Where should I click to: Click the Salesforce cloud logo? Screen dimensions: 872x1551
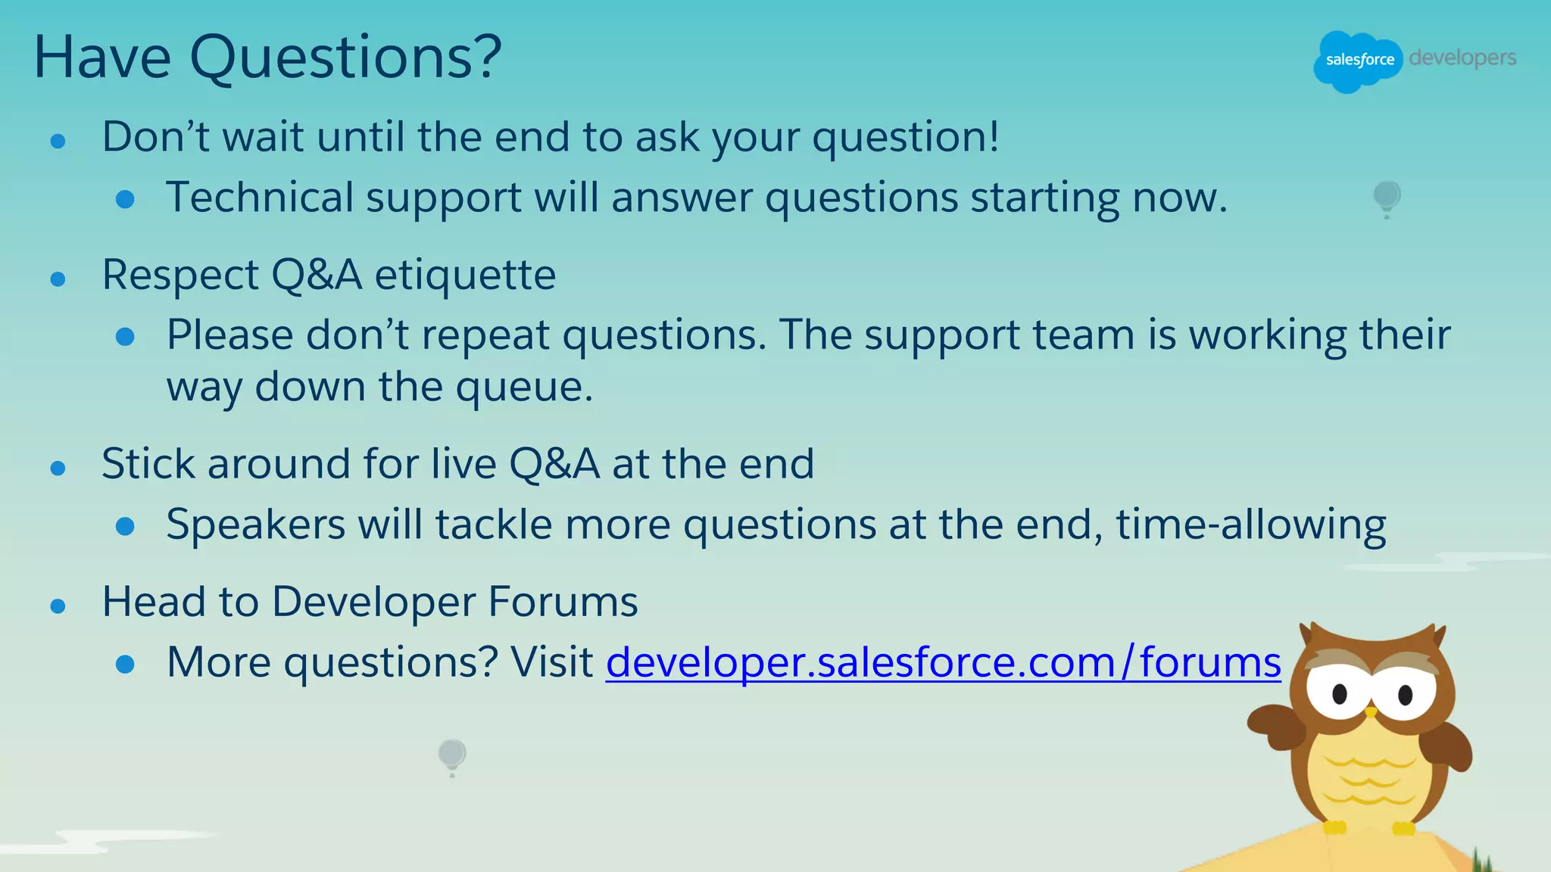click(1359, 61)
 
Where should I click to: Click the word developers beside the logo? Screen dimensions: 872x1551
click(1462, 58)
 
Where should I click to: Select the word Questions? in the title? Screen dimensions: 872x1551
click(345, 58)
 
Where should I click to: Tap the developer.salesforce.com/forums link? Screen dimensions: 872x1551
click(943, 662)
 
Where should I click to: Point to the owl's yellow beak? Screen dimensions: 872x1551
click(1370, 712)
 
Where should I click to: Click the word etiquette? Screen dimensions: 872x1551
click(465, 275)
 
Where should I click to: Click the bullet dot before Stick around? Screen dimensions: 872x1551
click(58, 469)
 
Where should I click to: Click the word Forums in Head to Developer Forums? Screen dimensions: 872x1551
click(562, 602)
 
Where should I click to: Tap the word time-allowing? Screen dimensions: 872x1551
click(1250, 525)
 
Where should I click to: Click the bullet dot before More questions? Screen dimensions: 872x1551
click(125, 665)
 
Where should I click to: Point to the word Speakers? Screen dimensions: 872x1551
click(255, 525)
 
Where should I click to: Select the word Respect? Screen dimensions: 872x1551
click(180, 275)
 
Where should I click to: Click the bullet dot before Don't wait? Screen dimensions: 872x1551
click(58, 141)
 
